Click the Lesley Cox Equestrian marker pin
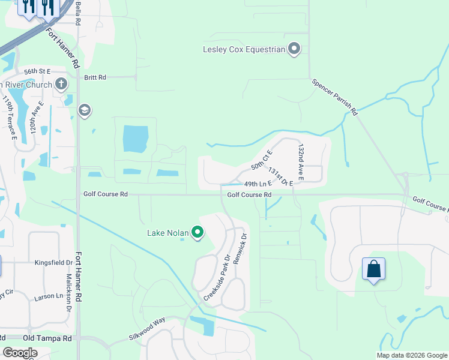(x=294, y=49)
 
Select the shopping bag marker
(x=373, y=269)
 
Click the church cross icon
(x=61, y=85)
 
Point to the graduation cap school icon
(x=85, y=109)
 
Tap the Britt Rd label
(x=95, y=77)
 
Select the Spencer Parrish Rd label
(x=334, y=96)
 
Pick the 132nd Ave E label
(x=301, y=161)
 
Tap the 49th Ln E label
(x=258, y=184)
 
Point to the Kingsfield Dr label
(x=53, y=263)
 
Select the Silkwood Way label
(x=146, y=329)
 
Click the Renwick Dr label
(x=244, y=248)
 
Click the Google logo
(x=20, y=353)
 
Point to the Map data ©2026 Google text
(x=412, y=355)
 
